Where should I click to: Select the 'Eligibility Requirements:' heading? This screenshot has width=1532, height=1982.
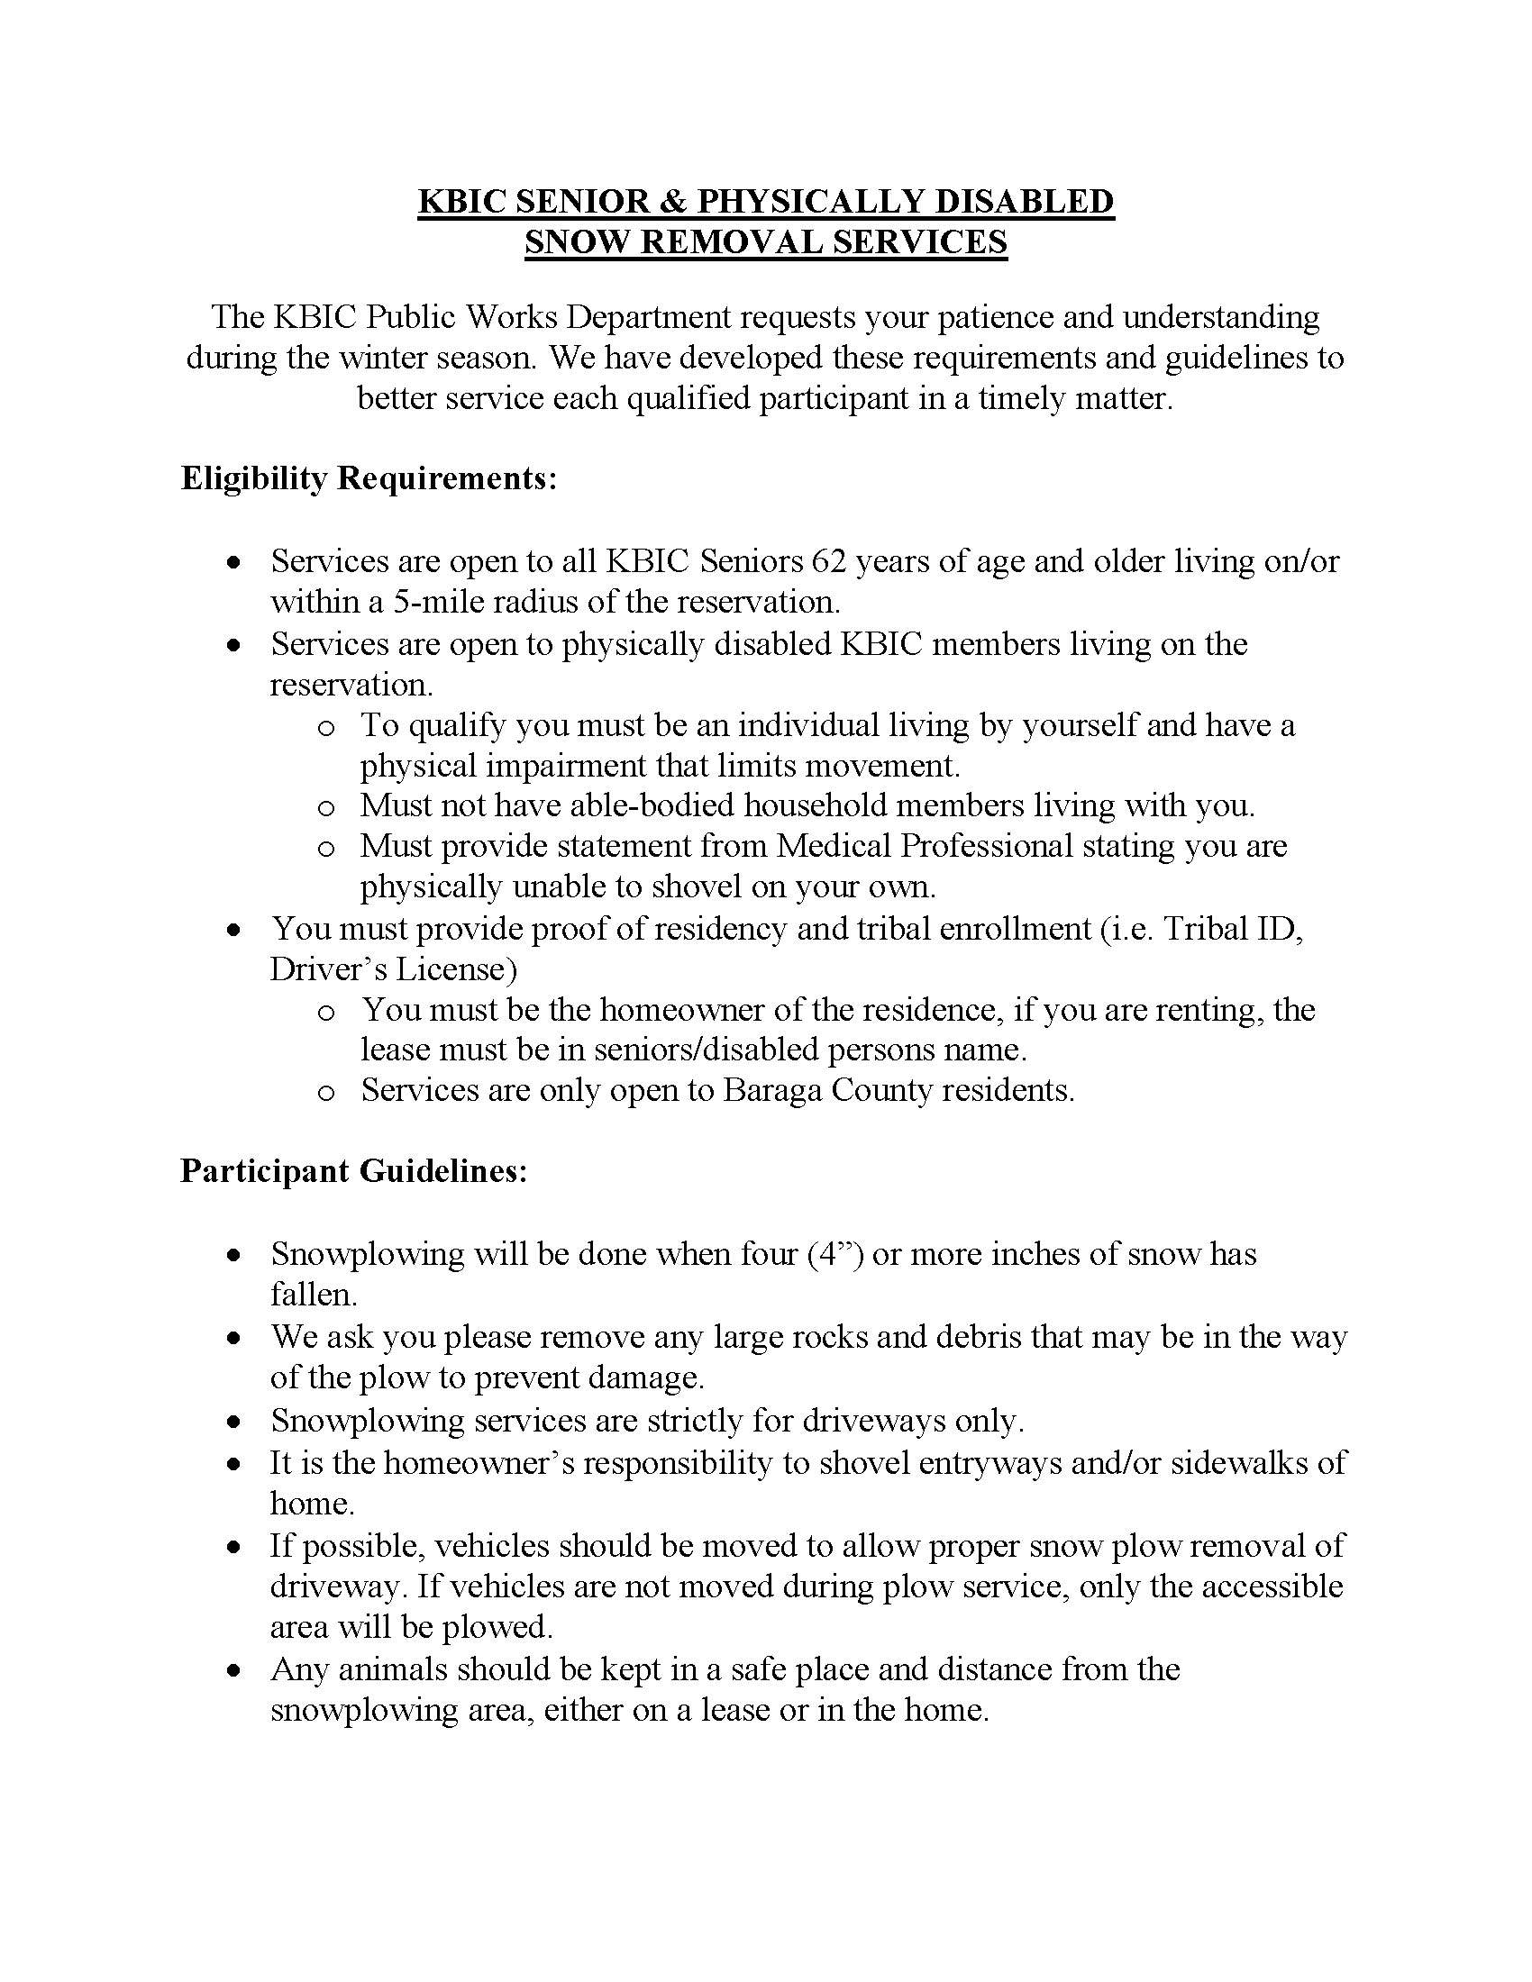369,478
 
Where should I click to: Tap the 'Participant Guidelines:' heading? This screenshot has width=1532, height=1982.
354,1170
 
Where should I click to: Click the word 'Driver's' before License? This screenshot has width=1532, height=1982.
328,969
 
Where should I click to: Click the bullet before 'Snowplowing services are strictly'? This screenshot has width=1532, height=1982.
235,1421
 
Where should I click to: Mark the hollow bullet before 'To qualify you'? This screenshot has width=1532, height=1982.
326,728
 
